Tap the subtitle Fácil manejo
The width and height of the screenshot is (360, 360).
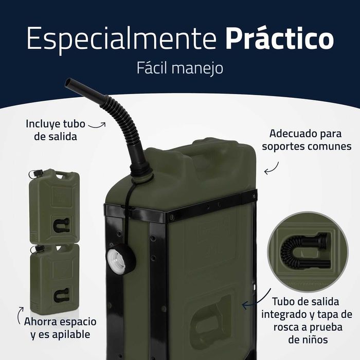180,68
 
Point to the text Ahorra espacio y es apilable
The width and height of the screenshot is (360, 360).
60,328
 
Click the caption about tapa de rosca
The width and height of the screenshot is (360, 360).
307,314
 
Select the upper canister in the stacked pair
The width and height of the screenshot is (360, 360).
54,206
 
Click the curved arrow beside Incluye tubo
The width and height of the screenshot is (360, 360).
96,124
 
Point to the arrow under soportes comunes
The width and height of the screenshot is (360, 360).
272,167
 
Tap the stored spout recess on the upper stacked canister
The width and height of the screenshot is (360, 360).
61,225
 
